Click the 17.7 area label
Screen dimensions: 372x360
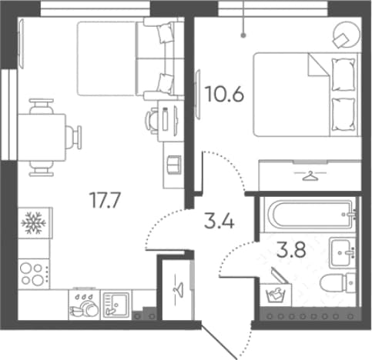click(105, 200)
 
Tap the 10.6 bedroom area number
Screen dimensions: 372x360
click(225, 94)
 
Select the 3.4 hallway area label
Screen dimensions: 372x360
click(220, 222)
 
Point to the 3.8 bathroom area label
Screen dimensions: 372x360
click(291, 250)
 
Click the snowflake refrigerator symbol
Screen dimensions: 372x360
click(33, 222)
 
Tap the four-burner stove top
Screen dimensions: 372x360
click(33, 274)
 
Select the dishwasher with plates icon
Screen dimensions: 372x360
click(84, 305)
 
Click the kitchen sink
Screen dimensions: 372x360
click(116, 305)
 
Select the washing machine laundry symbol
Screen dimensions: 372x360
click(276, 295)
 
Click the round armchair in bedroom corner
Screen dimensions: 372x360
click(346, 35)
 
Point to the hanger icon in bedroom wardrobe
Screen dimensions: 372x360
click(310, 176)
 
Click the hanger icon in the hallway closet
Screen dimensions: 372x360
click(178, 289)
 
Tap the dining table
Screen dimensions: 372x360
click(42, 138)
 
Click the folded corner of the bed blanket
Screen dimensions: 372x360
click(318, 65)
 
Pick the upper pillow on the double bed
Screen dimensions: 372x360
click(344, 75)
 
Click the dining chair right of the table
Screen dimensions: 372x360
click(74, 138)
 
